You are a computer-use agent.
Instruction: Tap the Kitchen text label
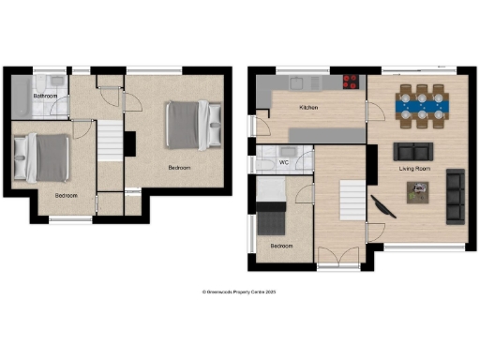[x=308, y=109]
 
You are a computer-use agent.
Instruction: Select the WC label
[x=284, y=162]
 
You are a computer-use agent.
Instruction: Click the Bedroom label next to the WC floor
[x=281, y=246]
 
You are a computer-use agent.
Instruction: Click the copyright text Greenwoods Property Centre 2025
[x=239, y=292]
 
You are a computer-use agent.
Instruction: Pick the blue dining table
[x=421, y=106]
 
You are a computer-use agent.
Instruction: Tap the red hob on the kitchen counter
[x=353, y=81]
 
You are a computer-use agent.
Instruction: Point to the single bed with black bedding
[x=271, y=221]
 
